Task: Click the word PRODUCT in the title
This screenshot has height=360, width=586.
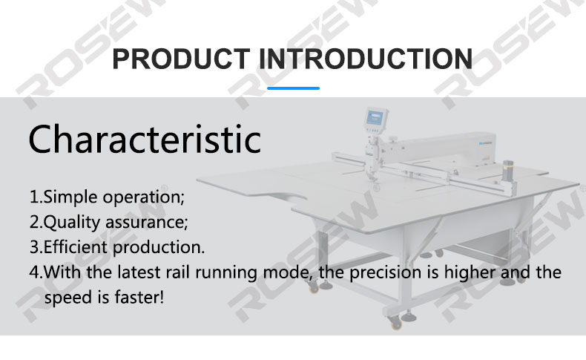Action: (181, 59)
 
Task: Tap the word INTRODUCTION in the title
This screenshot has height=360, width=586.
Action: (366, 59)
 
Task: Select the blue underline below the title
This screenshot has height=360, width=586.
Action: (294, 88)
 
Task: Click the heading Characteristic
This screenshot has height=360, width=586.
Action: (145, 139)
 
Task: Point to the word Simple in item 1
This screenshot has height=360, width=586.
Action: (70, 197)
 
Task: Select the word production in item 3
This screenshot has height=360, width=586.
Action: (159, 248)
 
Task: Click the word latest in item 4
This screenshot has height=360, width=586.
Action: (139, 272)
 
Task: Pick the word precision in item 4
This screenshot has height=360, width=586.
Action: (386, 272)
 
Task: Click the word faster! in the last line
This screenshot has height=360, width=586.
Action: (139, 297)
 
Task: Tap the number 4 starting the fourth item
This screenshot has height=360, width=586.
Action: (34, 272)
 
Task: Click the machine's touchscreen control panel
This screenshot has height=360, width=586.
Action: (375, 118)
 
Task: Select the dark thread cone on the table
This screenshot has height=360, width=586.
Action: (507, 171)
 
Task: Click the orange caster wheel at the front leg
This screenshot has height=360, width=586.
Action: (395, 323)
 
